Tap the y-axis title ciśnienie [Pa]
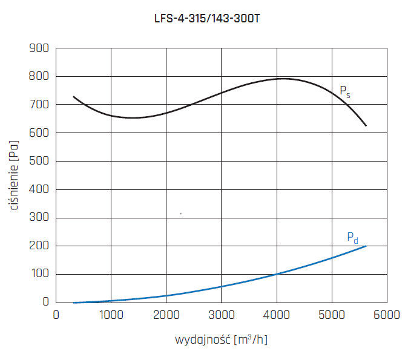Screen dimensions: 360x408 coord(13,175)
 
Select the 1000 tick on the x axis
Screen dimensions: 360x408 coord(110,315)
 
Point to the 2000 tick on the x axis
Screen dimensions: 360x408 coord(166,315)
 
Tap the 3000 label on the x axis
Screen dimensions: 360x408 coord(221,315)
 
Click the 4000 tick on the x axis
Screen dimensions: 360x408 coord(276,315)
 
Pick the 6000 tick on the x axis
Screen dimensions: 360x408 coord(387,315)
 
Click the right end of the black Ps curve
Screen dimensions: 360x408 coord(366,126)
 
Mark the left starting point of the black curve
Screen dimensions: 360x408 coord(73,97)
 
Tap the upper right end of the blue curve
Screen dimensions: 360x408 coord(366,246)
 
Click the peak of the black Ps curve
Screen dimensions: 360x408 coord(282,79)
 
